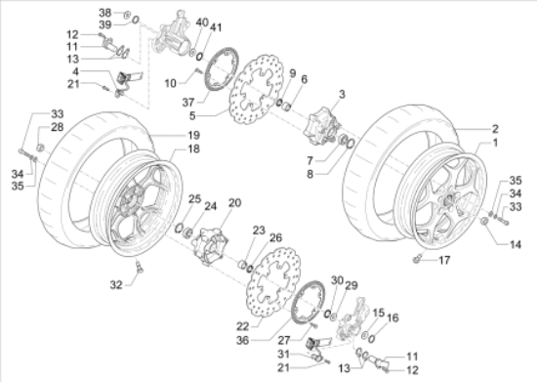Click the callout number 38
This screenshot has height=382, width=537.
pos(105,13)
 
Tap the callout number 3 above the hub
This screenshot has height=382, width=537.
pos(342,94)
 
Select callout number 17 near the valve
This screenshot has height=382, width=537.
pos(444,261)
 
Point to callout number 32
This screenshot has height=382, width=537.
pos(116,284)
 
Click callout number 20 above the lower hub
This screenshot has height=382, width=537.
pos(234,203)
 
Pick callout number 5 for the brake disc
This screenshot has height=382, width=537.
pos(192,116)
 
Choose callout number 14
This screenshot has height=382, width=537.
pos(516,244)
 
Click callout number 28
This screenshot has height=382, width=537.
pos(58,127)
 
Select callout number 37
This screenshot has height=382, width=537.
pos(188,103)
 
